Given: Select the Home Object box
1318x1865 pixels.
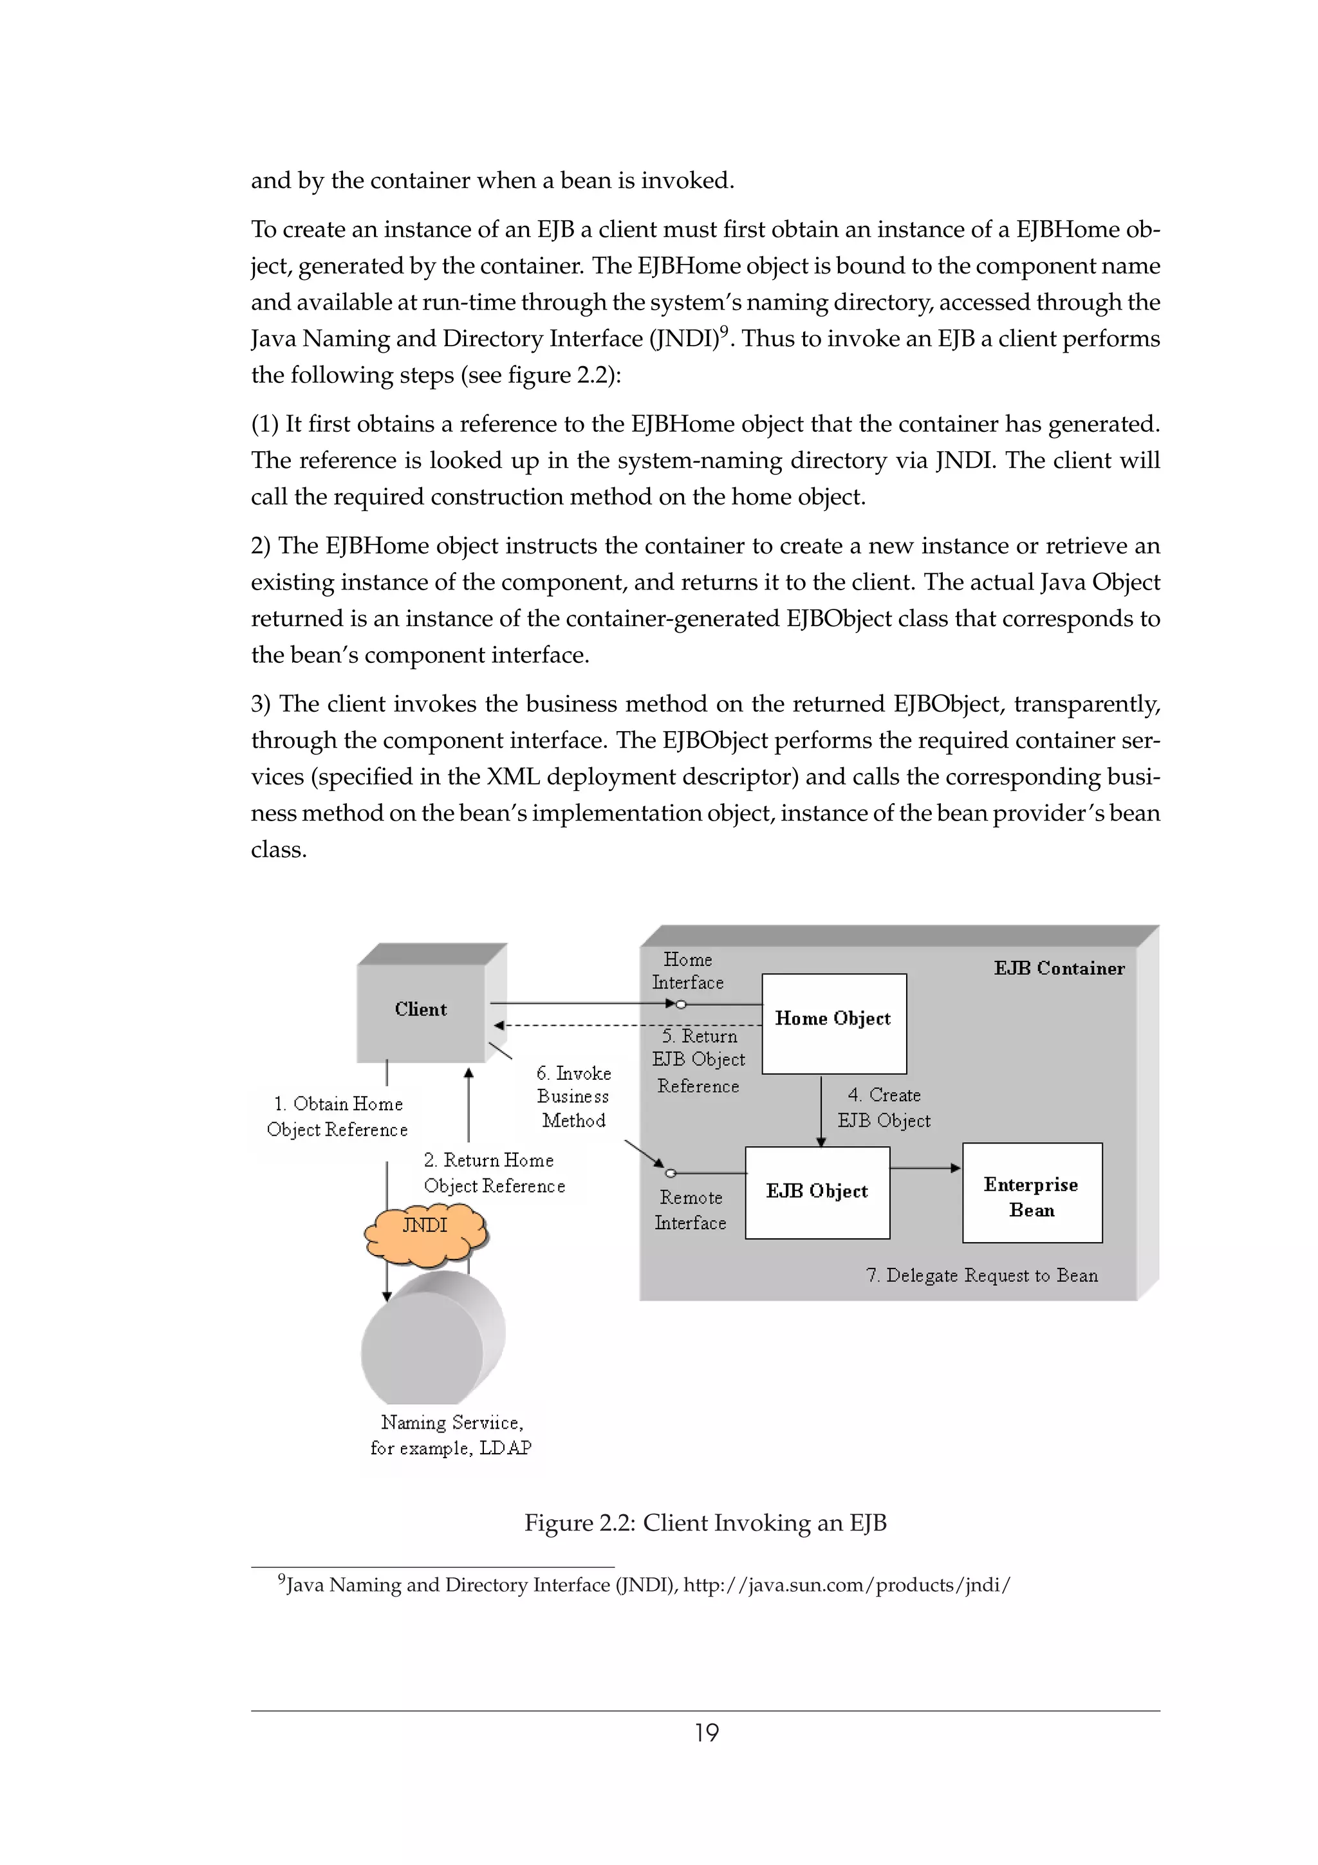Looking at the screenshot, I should [833, 1023].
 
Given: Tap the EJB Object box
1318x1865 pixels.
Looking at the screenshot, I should [817, 1192].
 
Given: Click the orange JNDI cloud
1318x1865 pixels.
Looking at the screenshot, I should [425, 1233].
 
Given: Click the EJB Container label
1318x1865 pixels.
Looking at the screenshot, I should [1059, 969].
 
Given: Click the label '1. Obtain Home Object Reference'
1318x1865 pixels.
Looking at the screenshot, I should [337, 1116].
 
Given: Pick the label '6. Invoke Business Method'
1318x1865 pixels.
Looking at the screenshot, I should [573, 1097].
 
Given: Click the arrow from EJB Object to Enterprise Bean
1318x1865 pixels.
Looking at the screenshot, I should [926, 1168].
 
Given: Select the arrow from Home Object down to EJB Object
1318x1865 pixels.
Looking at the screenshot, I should [821, 1109].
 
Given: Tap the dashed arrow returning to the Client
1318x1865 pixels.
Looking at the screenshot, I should [626, 1025].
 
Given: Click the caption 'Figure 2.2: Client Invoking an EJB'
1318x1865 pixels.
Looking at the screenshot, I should [705, 1522].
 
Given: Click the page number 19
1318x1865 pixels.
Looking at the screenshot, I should [706, 1732].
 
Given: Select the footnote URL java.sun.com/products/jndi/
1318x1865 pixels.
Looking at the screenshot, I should [846, 1585].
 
